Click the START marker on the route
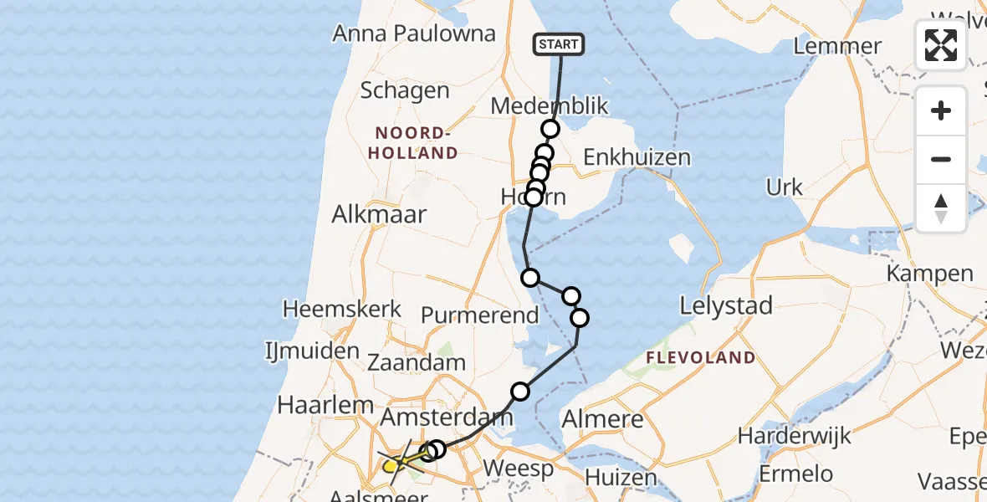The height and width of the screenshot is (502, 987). [x=559, y=44]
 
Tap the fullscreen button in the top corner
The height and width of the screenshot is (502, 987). [x=941, y=45]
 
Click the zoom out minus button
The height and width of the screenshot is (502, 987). [x=941, y=159]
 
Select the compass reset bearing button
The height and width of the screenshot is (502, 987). [x=941, y=208]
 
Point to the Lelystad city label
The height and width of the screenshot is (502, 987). [x=725, y=306]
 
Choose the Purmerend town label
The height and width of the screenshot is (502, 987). [x=479, y=315]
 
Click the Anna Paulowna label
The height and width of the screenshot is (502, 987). [x=414, y=34]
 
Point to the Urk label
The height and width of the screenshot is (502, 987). [x=784, y=187]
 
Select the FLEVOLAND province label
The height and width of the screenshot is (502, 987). [x=701, y=358]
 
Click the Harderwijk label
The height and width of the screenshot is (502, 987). [x=794, y=435]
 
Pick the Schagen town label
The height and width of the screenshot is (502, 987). [x=404, y=90]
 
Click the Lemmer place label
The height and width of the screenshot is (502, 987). [x=836, y=46]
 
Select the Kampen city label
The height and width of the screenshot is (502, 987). [x=929, y=274]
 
